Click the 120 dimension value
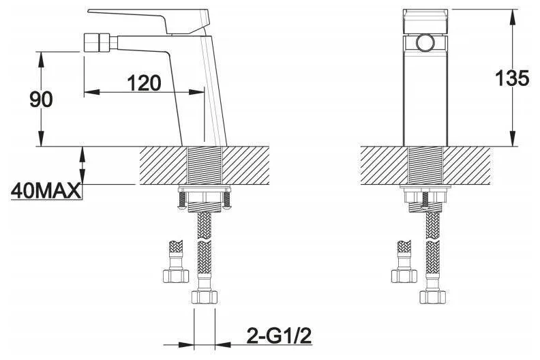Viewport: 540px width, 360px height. click(x=145, y=83)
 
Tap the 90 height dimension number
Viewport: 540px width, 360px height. click(x=41, y=100)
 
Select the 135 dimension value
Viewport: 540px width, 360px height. click(x=512, y=78)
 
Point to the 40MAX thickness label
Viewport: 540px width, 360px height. click(x=46, y=191)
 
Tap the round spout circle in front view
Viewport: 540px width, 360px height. click(x=425, y=43)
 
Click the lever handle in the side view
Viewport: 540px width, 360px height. click(x=148, y=20)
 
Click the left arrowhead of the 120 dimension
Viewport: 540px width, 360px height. click(x=92, y=92)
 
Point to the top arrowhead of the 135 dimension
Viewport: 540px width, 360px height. click(x=513, y=17)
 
